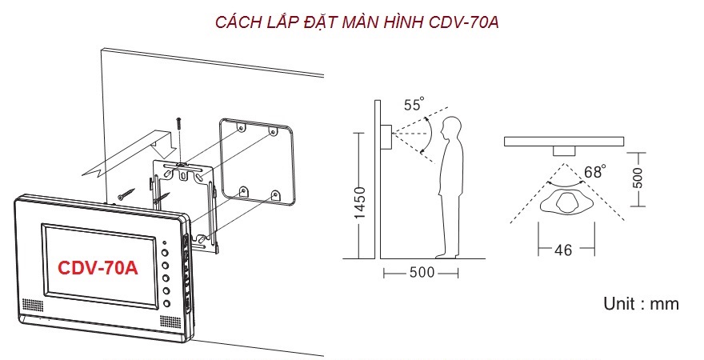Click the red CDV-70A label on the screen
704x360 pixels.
click(98, 267)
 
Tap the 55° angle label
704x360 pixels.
click(414, 104)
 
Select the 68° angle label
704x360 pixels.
click(595, 171)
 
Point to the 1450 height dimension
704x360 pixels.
click(361, 202)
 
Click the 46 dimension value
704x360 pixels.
click(563, 250)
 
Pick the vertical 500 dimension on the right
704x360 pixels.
click(637, 178)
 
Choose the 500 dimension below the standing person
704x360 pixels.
click(422, 273)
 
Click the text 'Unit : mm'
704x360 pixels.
click(641, 304)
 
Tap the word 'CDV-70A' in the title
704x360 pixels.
click(464, 22)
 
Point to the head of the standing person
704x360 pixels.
click(450, 129)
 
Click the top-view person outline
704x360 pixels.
click(566, 203)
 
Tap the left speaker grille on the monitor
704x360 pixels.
click(33, 306)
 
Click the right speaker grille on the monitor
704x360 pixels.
click(170, 322)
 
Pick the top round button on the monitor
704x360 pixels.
click(166, 253)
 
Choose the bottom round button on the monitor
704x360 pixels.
click(166, 303)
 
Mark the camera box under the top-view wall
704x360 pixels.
click(564, 151)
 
